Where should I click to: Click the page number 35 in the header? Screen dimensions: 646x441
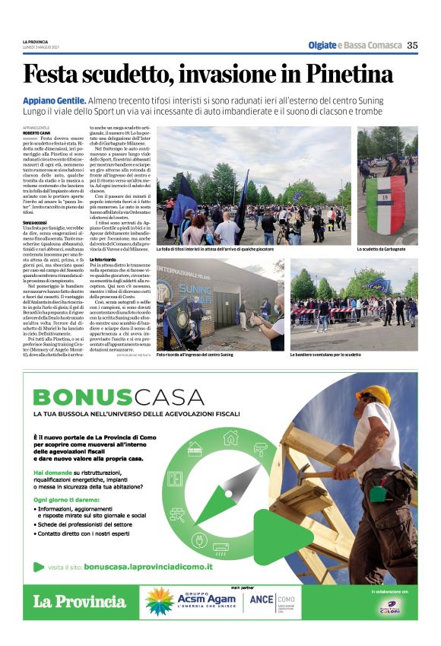[412, 45]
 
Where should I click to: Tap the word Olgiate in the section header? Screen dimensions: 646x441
[322, 45]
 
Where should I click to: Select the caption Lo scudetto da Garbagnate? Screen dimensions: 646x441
[384, 250]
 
